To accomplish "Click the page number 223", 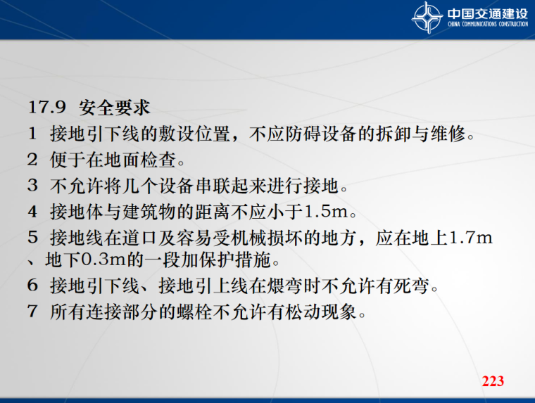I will [493, 381].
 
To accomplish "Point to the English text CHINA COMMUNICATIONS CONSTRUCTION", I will [487, 25].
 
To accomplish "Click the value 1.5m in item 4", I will [332, 210].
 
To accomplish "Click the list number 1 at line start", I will [32, 134].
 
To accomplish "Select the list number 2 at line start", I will [32, 160].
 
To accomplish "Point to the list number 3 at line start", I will [32, 186].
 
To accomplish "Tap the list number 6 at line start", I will [32, 286].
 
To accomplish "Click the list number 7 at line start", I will [32, 312].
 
